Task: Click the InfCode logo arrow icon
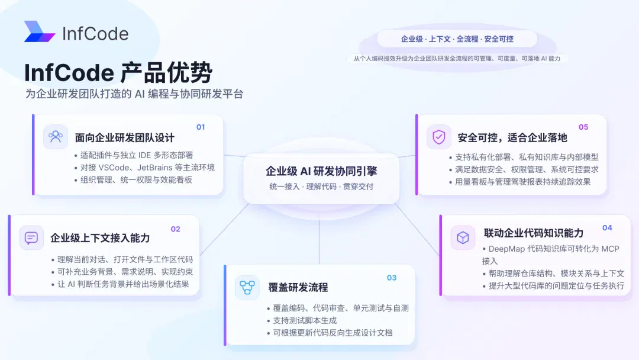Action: [40, 31]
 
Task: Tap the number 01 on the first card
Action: [201, 127]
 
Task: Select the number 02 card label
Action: [175, 229]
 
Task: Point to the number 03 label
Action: [392, 278]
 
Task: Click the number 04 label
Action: [607, 228]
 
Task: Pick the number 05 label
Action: [583, 127]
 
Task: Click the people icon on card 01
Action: [56, 137]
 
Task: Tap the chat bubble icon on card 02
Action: [31, 237]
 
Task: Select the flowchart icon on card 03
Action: [247, 287]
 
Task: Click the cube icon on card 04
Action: [463, 237]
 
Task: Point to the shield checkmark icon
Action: [439, 137]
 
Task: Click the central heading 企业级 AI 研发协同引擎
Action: [321, 171]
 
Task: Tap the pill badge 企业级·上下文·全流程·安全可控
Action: [457, 39]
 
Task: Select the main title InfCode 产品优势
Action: [118, 73]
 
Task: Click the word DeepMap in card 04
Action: [506, 249]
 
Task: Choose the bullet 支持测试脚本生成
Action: [305, 320]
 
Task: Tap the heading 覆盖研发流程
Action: [298, 287]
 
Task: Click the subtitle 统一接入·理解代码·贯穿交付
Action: [321, 187]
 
